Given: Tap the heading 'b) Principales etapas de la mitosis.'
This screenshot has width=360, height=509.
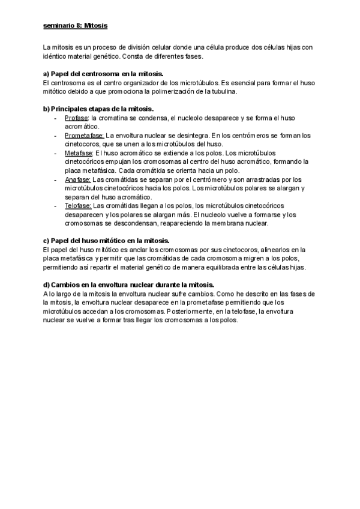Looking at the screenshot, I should click(x=98, y=109).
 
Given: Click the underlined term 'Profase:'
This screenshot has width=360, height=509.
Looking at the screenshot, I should click(x=77, y=118).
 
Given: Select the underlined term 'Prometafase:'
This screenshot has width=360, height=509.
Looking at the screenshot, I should click(x=84, y=135).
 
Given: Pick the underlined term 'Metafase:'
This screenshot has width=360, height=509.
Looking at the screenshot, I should click(x=79, y=152).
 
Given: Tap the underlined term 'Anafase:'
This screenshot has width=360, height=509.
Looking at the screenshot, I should click(x=77, y=179).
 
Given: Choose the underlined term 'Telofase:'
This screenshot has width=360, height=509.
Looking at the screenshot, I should click(x=79, y=205).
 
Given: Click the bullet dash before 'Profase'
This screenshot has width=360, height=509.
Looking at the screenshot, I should click(x=56, y=118).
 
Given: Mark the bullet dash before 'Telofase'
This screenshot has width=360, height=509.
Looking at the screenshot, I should click(x=56, y=205).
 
